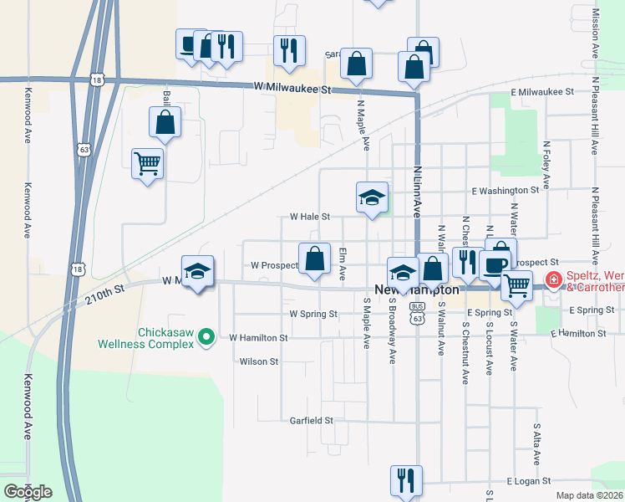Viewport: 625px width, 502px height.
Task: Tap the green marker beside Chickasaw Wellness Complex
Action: (x=211, y=337)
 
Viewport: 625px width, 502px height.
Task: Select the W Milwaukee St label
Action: (x=292, y=88)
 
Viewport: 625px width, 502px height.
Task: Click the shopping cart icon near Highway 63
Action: (x=148, y=163)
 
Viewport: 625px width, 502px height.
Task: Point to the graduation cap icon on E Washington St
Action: (x=373, y=197)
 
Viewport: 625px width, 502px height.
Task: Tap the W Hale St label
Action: (x=309, y=216)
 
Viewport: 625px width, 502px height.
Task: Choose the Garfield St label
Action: (x=312, y=420)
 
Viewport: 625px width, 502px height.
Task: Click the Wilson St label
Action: (x=258, y=361)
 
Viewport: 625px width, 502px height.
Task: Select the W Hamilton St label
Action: (x=258, y=338)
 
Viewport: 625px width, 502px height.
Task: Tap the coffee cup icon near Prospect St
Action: (x=495, y=264)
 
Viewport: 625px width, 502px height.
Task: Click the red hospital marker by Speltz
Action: (x=552, y=280)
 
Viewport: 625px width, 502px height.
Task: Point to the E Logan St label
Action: (x=530, y=482)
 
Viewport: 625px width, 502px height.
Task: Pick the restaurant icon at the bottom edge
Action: (x=406, y=480)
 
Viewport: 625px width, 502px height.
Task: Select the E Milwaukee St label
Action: (x=541, y=91)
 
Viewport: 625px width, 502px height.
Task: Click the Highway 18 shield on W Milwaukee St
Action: (x=99, y=79)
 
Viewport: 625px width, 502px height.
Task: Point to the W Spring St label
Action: (x=312, y=314)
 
